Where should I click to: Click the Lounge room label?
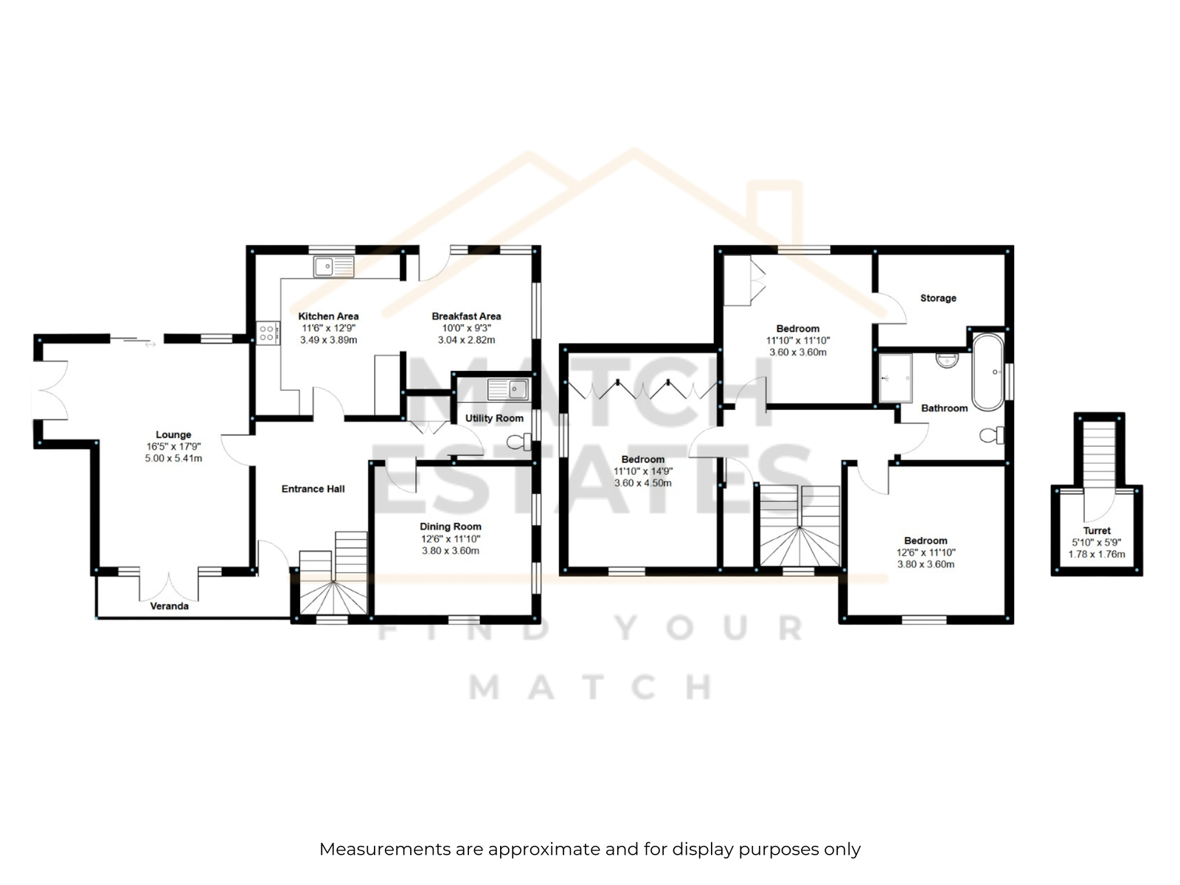pyautogui.click(x=173, y=434)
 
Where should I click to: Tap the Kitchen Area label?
pyautogui.click(x=328, y=316)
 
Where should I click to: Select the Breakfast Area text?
pyautogui.click(x=466, y=316)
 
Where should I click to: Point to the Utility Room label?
pyautogui.click(x=494, y=418)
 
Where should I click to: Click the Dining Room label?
pyautogui.click(x=451, y=527)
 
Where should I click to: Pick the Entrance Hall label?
pyautogui.click(x=313, y=489)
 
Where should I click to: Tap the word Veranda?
pyautogui.click(x=170, y=606)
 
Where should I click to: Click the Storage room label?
pyautogui.click(x=938, y=298)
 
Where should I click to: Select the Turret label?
pyautogui.click(x=1097, y=530)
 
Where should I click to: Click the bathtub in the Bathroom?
pyautogui.click(x=988, y=372)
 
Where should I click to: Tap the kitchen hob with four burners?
pyautogui.click(x=268, y=333)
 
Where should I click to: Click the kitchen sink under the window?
pyautogui.click(x=333, y=266)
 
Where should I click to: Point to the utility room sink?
pyautogui.click(x=508, y=389)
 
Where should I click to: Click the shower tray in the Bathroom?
pyautogui.click(x=895, y=378)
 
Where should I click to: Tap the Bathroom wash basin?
pyautogui.click(x=947, y=359)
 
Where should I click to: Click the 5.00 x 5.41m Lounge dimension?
pyautogui.click(x=173, y=458)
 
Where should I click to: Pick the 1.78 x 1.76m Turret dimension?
pyautogui.click(x=1097, y=554)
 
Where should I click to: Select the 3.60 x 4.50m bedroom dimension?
pyautogui.click(x=643, y=483)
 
